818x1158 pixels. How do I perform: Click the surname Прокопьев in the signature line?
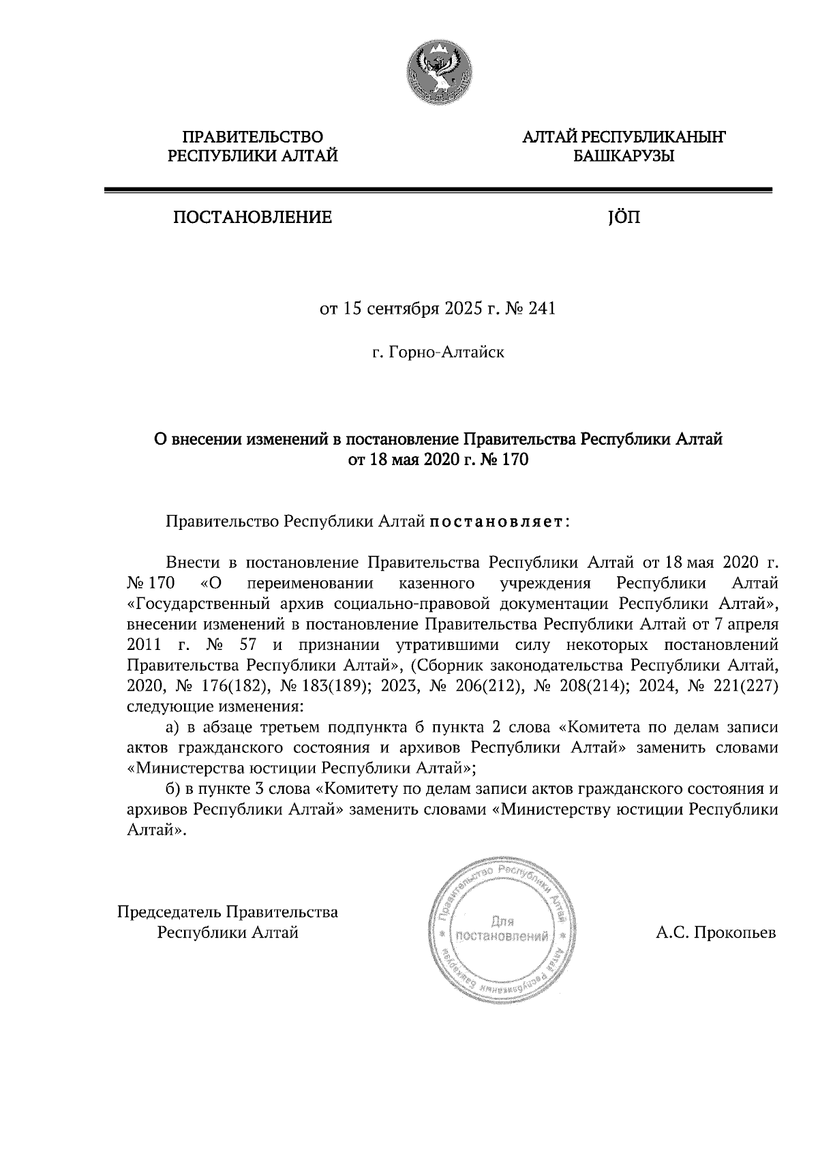coord(735,933)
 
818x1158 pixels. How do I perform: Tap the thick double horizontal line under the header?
coord(438,191)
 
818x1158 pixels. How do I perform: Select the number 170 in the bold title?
coord(515,460)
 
